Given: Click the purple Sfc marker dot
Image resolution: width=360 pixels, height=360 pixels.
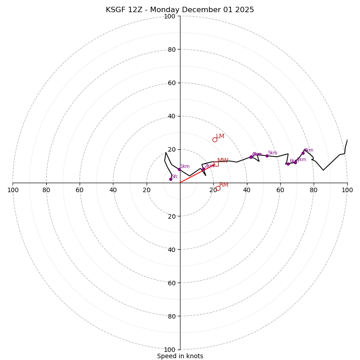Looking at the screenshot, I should point(171,179).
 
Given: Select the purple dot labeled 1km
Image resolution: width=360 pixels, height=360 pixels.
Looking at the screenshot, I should point(179,169).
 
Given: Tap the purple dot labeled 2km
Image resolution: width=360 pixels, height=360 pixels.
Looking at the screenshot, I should point(203,169).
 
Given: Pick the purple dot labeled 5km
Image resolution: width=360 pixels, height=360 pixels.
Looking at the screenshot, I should point(267,156).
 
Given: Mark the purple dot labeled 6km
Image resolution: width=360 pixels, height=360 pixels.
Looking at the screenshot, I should point(288,164).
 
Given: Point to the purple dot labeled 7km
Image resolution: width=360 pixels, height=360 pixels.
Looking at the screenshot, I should point(296,162).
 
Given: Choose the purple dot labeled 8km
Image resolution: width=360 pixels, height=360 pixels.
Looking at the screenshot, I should point(303,153).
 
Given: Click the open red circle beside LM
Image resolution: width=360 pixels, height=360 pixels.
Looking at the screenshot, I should point(215,139).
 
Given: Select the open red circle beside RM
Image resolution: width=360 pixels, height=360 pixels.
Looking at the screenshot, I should point(218,188).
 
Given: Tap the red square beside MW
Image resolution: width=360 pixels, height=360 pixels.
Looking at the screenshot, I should point(216,164).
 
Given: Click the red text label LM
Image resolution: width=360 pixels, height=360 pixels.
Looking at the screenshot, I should point(220,136).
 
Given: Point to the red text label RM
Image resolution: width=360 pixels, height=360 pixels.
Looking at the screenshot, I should point(224,185).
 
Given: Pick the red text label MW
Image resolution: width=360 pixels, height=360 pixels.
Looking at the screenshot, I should point(223,161).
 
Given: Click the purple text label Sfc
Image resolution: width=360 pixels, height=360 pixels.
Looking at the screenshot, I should point(175,177).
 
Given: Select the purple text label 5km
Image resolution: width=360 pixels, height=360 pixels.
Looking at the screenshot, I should point(272,153).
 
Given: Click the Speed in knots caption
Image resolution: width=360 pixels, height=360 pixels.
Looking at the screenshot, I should point(180,356).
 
